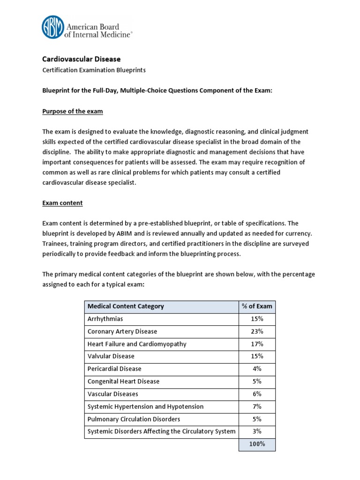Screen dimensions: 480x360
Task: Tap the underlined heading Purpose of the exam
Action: tap(73, 112)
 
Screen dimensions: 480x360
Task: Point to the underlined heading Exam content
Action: tap(62, 203)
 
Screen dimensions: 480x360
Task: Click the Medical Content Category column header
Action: tap(126, 307)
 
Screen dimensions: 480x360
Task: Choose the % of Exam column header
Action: tap(257, 307)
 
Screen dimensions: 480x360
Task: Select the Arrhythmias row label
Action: tap(105, 319)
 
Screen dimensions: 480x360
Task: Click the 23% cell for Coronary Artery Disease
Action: tap(257, 331)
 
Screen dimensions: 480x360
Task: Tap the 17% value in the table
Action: tap(257, 344)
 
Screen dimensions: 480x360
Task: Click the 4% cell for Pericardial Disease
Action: tap(257, 369)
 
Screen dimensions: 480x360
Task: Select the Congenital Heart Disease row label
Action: tap(123, 382)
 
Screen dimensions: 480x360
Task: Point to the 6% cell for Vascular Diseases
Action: tap(257, 394)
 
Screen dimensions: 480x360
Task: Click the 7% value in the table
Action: tap(257, 406)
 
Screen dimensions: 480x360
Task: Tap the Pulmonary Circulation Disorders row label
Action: tap(134, 419)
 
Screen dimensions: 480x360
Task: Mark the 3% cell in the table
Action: tap(257, 431)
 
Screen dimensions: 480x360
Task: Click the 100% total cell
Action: tap(257, 444)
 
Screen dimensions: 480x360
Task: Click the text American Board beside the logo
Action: tap(94, 27)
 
